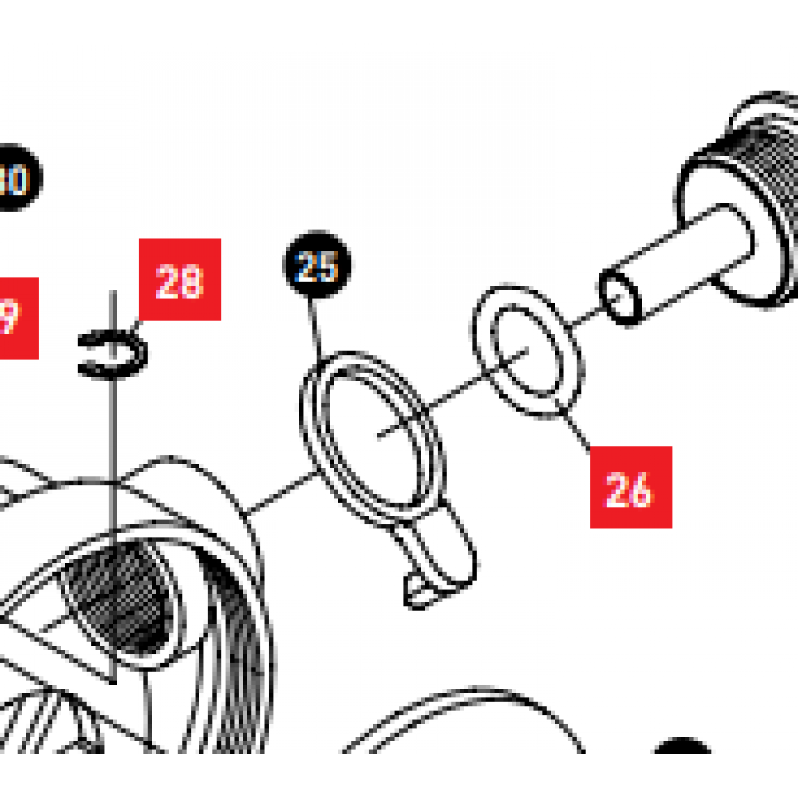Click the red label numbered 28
coord(180,279)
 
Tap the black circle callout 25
coord(317,266)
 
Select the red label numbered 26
coord(630,487)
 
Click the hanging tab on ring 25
coord(439,567)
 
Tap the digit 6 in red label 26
coord(642,488)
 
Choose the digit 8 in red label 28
coord(192,280)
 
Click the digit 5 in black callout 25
coord(327,267)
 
